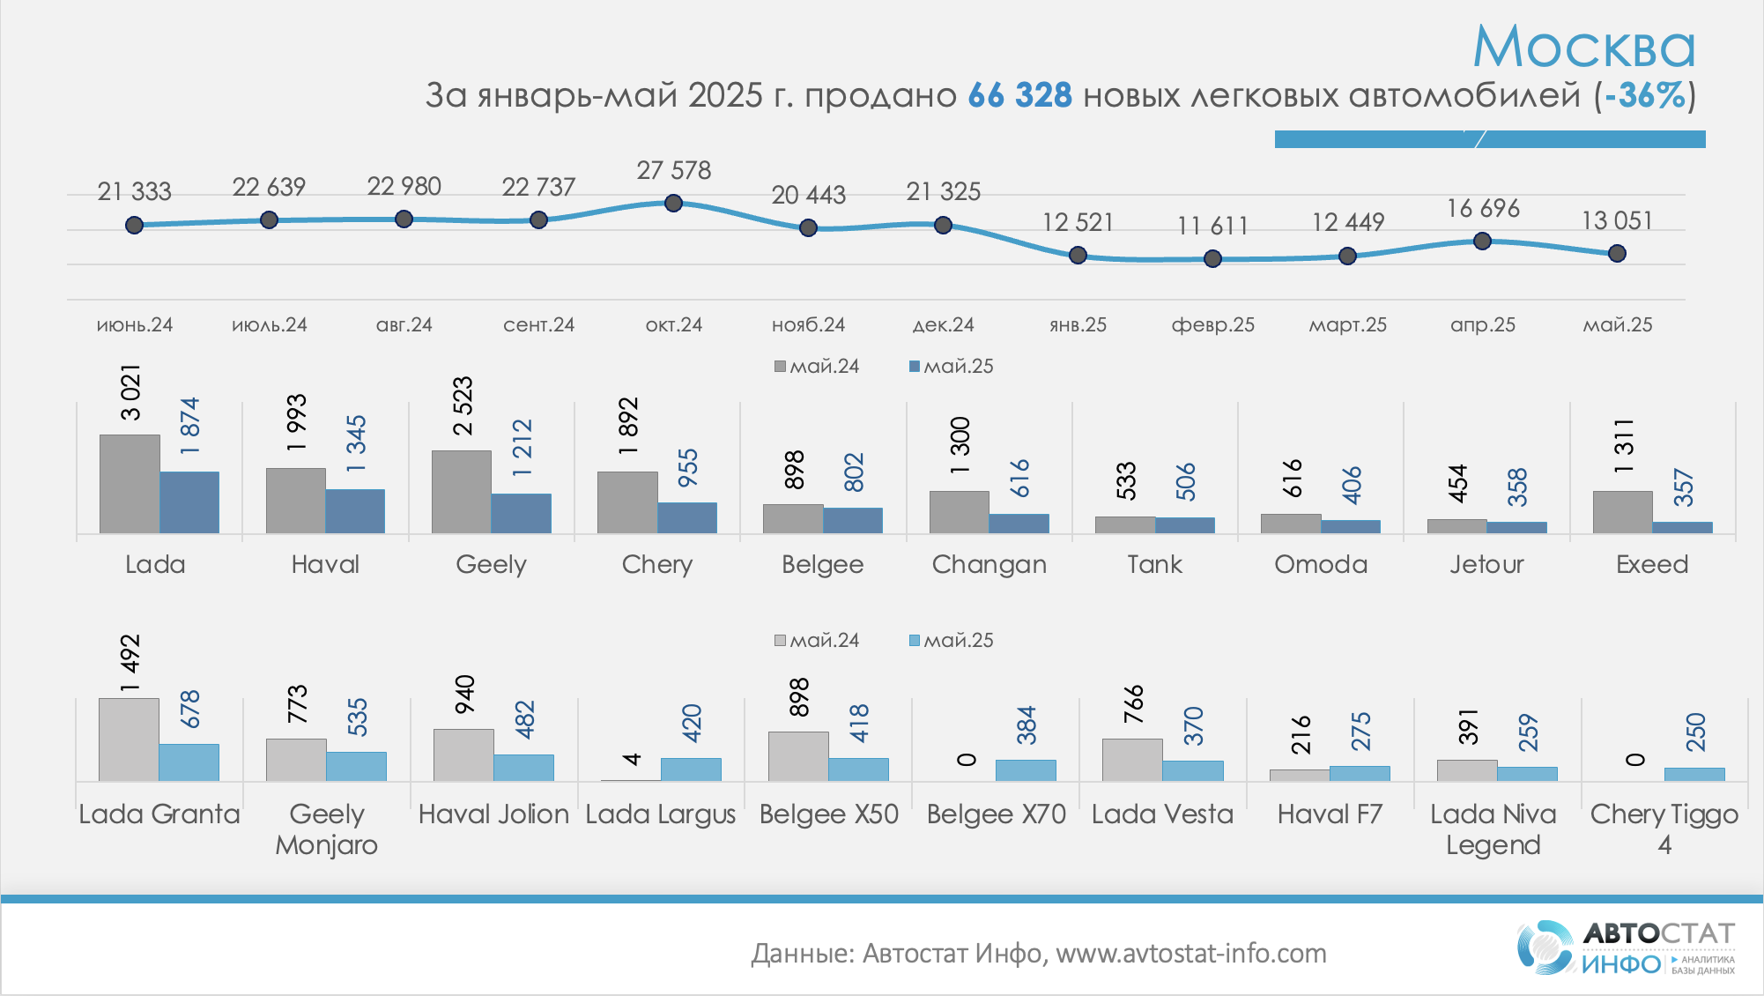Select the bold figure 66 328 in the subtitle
click(x=1019, y=95)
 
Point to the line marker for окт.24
click(x=673, y=204)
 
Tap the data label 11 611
click(x=1212, y=227)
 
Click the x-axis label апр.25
click(x=1482, y=324)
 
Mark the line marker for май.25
click(x=1617, y=254)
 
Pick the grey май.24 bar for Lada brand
click(x=130, y=484)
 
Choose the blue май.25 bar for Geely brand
click(x=521, y=513)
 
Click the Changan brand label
click(x=989, y=564)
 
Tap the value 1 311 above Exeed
click(x=1624, y=446)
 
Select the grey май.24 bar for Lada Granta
click(x=129, y=740)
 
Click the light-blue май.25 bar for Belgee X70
click(x=1026, y=770)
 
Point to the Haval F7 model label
click(x=1330, y=814)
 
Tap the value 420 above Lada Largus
click(x=692, y=723)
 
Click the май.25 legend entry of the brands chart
click(x=951, y=367)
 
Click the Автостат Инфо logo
click(x=1626, y=948)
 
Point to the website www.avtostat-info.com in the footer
click(x=1190, y=954)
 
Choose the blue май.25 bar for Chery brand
click(x=687, y=517)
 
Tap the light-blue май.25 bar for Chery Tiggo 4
click(x=1694, y=774)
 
